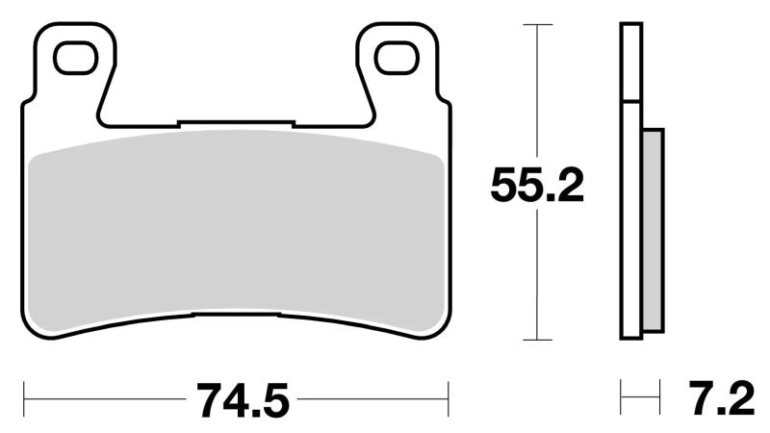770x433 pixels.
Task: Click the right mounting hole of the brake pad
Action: point(397,59)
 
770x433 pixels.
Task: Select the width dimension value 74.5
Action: point(237,397)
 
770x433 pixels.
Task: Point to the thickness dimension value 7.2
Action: point(723,397)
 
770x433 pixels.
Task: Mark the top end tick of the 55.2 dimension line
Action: point(536,25)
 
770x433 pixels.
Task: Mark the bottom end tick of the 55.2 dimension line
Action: point(536,340)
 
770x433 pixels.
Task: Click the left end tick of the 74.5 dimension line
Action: point(23,395)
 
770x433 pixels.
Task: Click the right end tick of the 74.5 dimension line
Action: point(449,395)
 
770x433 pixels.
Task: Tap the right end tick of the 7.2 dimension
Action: point(661,395)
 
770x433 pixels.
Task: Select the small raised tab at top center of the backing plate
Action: point(236,123)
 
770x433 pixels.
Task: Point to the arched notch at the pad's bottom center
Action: point(236,315)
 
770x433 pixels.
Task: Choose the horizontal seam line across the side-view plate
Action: point(629,102)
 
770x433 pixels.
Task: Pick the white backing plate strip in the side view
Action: point(629,221)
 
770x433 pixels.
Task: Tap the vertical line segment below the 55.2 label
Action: point(536,279)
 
